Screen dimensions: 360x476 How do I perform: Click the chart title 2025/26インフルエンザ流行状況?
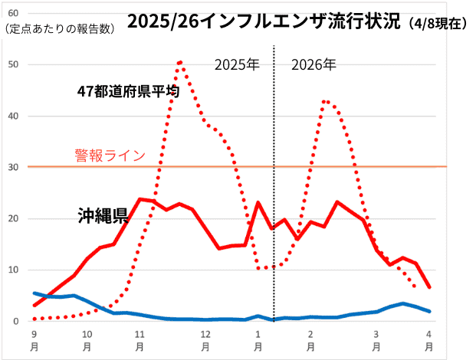click(264, 21)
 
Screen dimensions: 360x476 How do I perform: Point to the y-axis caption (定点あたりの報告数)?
click(59, 29)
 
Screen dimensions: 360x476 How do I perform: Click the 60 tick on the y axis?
click(14, 13)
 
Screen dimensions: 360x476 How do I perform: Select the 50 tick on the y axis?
click(14, 64)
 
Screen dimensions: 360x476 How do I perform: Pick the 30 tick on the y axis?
click(14, 167)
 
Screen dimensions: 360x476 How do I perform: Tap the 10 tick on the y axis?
click(14, 270)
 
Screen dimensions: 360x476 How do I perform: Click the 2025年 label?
click(237, 64)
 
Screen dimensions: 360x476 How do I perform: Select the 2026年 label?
click(314, 64)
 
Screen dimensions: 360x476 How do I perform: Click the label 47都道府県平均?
click(128, 92)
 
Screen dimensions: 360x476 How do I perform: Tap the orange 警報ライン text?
click(110, 155)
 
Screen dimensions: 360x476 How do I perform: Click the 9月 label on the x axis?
click(34, 341)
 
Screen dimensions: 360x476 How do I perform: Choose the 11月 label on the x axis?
click(140, 341)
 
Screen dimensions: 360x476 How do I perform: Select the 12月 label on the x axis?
click(205, 341)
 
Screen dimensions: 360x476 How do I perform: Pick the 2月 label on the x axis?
click(310, 341)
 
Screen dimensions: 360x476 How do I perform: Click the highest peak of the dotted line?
click(180, 62)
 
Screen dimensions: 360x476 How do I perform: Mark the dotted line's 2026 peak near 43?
click(326, 101)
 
